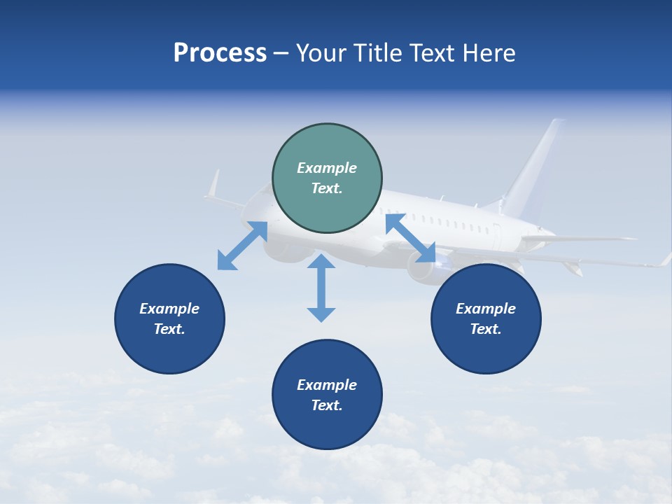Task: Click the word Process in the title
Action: [x=220, y=53]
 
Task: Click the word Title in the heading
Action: [x=379, y=53]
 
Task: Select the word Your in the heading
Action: [x=321, y=53]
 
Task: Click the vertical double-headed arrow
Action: [x=321, y=288]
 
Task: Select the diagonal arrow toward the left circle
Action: [x=242, y=246]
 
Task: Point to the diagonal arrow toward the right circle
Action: [x=410, y=238]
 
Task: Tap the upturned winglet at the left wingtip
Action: [x=213, y=184]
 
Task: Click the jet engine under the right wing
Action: [x=423, y=269]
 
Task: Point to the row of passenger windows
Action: [x=448, y=222]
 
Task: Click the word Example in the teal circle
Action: [x=327, y=168]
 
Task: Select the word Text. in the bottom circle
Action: [x=327, y=405]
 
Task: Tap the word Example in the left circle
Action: [x=169, y=309]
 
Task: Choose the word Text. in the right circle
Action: [x=486, y=329]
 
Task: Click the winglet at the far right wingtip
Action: [x=665, y=260]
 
